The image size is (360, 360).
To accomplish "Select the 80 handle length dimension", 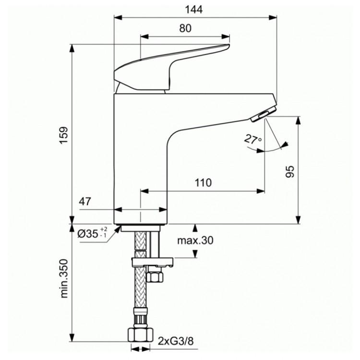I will point(185,28).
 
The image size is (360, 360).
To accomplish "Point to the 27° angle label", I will point(252,140).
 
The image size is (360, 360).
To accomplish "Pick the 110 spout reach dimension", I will point(203,183).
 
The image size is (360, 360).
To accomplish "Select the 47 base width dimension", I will point(85,202).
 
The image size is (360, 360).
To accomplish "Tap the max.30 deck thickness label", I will point(194,241).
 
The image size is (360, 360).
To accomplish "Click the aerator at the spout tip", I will point(261,115).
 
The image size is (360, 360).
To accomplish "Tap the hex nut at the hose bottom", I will point(139,334).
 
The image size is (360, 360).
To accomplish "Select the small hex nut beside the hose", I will point(156,277).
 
